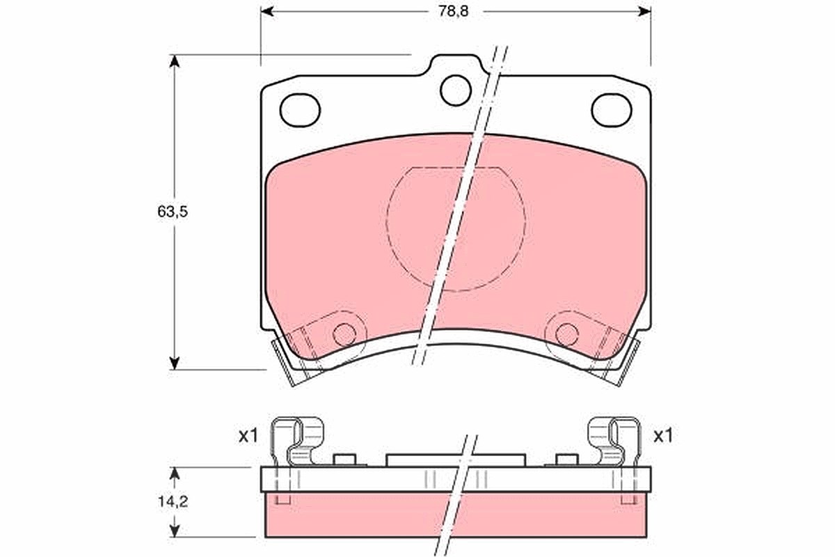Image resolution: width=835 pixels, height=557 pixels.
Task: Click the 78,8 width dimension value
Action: point(453,12)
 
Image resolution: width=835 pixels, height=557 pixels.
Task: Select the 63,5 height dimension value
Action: point(173,212)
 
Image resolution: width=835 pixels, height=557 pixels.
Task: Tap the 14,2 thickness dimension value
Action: point(173,502)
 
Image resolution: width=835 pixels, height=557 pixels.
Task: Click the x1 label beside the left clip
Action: point(248,436)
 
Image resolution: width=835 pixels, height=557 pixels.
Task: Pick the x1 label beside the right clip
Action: point(663,436)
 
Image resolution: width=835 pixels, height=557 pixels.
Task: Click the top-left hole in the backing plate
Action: point(300,110)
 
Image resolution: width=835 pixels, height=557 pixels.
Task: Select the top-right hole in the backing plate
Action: point(612,110)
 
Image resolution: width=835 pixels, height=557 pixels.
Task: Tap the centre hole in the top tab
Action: point(456,91)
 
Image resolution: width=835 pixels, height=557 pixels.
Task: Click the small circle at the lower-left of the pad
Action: point(344,335)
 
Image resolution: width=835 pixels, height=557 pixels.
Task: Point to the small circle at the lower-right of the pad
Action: point(567,335)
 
